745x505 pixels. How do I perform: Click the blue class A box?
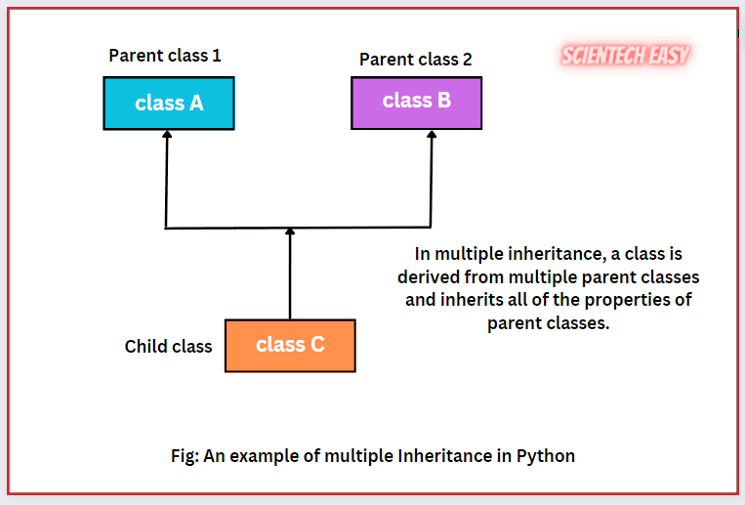[x=169, y=103]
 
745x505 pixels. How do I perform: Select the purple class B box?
[x=416, y=101]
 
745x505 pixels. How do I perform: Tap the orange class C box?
[x=290, y=345]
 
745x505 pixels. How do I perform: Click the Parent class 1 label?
[x=165, y=56]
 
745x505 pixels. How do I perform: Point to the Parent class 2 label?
[x=415, y=60]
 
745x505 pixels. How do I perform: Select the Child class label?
[x=168, y=347]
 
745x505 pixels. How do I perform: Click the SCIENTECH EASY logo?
[x=625, y=56]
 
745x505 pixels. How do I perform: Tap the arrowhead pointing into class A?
[x=167, y=136]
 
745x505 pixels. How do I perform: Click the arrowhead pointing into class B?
[x=430, y=136]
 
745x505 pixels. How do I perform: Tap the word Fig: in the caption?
[x=184, y=456]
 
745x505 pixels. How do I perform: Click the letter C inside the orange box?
[x=316, y=345]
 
